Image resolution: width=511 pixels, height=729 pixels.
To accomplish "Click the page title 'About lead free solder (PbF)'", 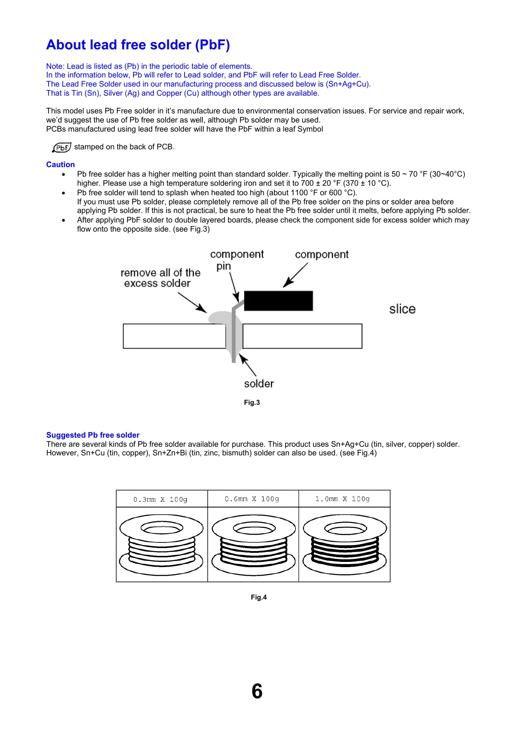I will click(x=138, y=45).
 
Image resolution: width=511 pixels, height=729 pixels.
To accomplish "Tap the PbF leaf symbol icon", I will click(x=62, y=148).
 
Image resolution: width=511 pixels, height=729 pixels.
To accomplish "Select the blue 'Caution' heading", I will click(x=60, y=165).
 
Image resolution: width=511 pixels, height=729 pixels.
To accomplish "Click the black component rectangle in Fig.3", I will click(x=278, y=300).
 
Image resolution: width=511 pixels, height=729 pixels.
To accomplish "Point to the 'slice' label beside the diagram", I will click(x=402, y=309).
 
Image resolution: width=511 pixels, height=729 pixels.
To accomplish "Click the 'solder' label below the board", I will click(x=259, y=384).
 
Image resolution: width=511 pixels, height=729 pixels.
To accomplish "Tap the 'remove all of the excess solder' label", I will click(x=160, y=278).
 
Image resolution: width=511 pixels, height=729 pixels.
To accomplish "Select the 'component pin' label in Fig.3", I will click(x=237, y=260).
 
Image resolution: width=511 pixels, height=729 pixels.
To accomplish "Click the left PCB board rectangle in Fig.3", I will click(x=174, y=336).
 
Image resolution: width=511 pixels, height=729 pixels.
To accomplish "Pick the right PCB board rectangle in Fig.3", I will click(x=302, y=336).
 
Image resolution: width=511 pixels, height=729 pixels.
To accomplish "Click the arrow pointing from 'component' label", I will click(x=296, y=274).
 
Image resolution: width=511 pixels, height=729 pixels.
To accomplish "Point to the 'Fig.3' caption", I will click(x=252, y=403).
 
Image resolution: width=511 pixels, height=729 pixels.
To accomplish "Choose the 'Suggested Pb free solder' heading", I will click(x=93, y=435).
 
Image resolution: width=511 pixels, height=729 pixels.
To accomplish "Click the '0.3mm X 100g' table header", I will click(x=160, y=499).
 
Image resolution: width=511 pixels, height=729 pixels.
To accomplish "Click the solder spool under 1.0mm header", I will click(x=345, y=544).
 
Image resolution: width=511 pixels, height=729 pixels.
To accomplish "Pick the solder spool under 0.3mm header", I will click(x=161, y=544).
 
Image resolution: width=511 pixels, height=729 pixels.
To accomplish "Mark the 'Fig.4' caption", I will click(x=259, y=597).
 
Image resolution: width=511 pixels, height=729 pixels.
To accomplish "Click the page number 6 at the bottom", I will click(x=257, y=691).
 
